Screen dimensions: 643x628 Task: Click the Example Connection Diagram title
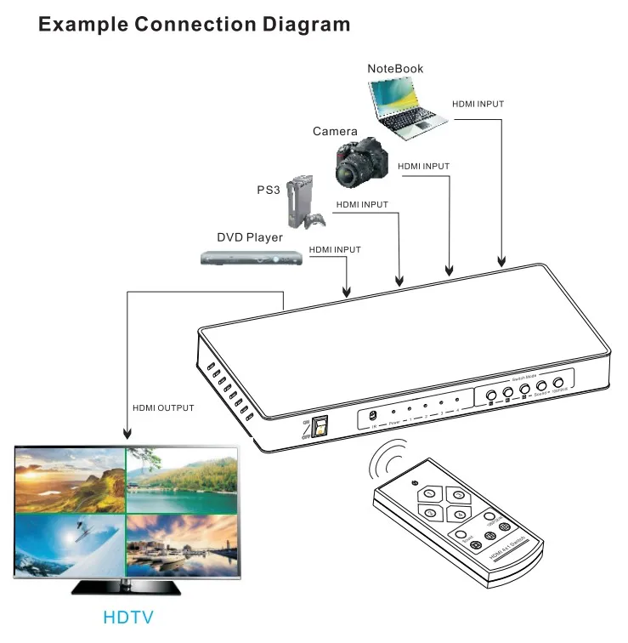point(194,24)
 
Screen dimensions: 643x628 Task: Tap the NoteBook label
point(394,69)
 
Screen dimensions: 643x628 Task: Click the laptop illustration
point(406,105)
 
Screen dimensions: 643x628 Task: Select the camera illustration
point(361,162)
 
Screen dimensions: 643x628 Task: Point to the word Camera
point(335,131)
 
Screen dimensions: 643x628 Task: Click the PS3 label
point(269,190)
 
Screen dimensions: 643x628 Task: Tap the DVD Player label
point(249,237)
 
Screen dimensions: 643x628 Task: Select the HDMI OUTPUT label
point(163,408)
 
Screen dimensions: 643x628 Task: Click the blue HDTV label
point(128,615)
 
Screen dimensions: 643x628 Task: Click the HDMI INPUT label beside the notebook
point(478,104)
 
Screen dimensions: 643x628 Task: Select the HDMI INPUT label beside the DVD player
point(335,250)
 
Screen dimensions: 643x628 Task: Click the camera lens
point(348,175)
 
